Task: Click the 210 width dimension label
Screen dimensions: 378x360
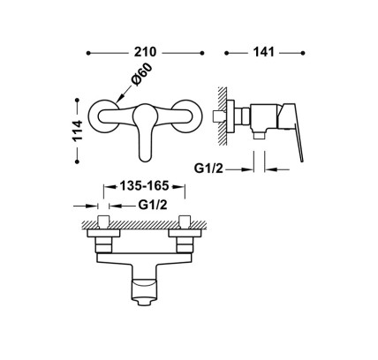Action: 145,52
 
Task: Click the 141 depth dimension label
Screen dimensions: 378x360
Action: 263,52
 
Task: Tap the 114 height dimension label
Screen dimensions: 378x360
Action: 78,131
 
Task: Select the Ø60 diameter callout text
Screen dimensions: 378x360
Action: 142,74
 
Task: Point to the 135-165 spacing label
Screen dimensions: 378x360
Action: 144,186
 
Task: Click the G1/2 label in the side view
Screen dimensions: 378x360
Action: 208,169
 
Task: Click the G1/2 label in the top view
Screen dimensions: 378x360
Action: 153,205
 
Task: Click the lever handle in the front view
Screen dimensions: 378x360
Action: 145,132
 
